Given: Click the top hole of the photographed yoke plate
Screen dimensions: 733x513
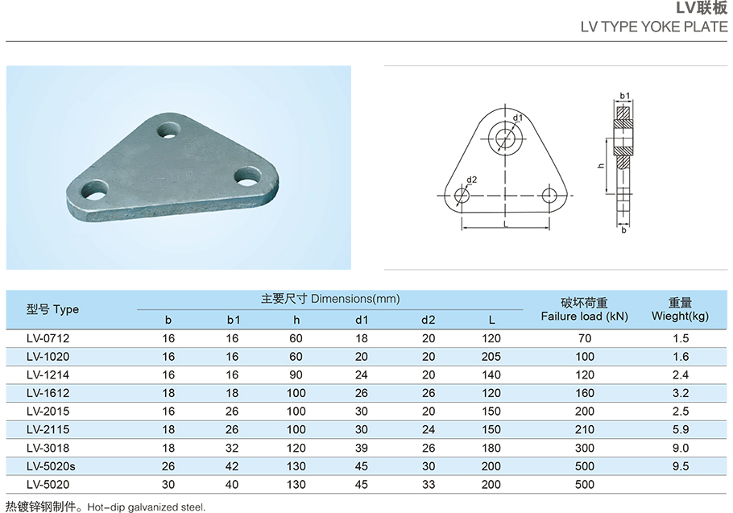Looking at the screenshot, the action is [x=169, y=130].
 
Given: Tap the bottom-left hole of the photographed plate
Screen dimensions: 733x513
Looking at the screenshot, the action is [x=94, y=190].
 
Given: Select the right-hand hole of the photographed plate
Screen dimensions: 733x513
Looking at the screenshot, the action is [x=248, y=176].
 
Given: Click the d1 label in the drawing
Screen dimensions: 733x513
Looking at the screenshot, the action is [x=517, y=118].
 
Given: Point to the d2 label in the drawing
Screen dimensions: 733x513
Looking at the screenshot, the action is [x=472, y=180].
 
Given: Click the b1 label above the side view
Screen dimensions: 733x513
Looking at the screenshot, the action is [x=625, y=96].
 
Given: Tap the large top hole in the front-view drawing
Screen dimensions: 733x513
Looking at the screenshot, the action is [x=505, y=139].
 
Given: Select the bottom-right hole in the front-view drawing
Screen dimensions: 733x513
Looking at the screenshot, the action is [x=549, y=196].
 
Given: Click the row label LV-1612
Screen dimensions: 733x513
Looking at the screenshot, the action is [x=48, y=393].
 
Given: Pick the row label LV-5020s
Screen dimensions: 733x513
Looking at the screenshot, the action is [x=51, y=466].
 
